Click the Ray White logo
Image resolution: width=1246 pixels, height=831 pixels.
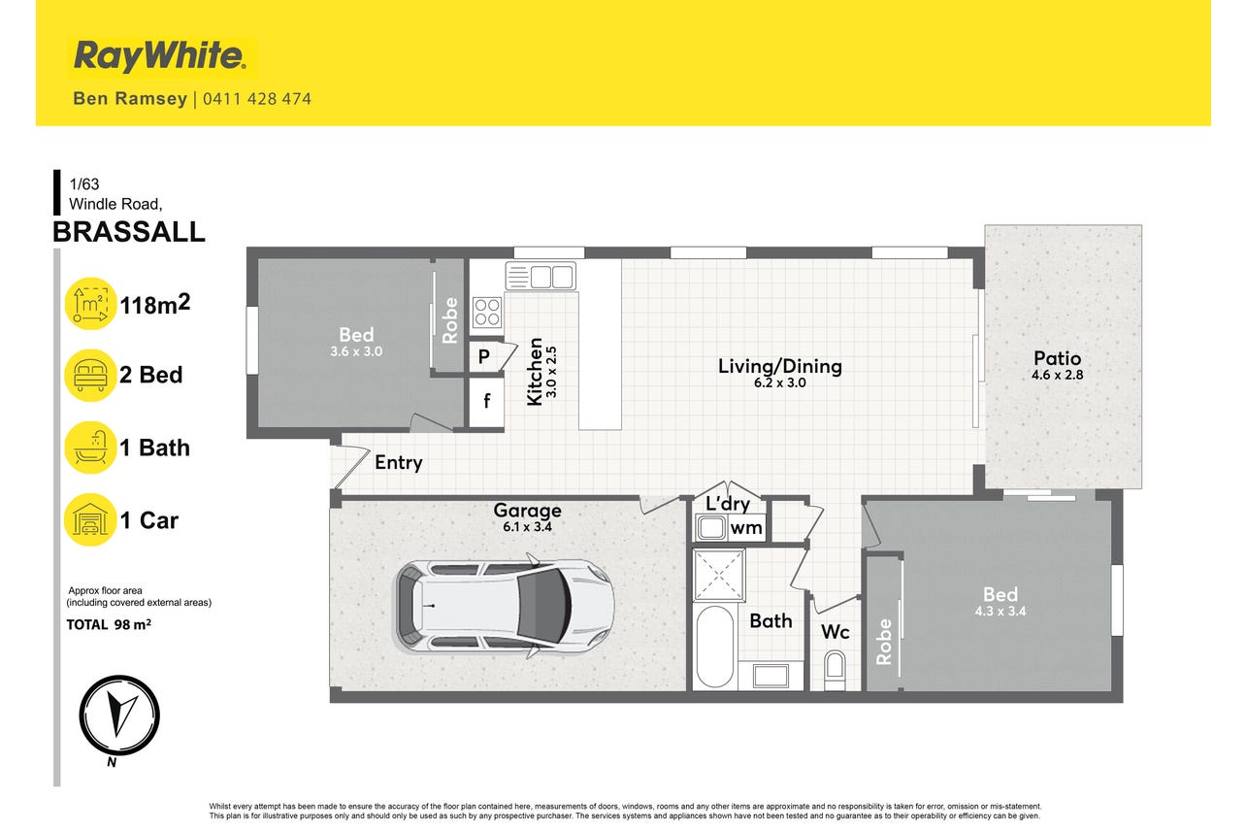tap(160, 56)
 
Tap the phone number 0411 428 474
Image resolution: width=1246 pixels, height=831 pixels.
tap(257, 99)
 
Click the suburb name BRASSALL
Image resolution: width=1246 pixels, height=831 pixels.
tap(129, 232)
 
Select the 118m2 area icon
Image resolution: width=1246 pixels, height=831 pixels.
tap(90, 304)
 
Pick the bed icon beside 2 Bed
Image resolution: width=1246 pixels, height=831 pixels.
tap(90, 375)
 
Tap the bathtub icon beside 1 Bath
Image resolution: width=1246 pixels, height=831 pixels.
tap(90, 448)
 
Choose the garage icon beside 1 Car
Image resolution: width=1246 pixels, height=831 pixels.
tap(90, 520)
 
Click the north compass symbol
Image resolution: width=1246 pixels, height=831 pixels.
tap(119, 715)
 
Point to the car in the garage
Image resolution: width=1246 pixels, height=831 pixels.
tap(505, 606)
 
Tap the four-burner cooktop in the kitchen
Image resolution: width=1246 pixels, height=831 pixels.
tap(487, 313)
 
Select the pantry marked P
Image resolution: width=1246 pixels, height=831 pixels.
tap(485, 356)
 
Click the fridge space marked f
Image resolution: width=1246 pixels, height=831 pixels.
tap(487, 401)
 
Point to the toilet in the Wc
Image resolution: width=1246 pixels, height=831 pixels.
tap(836, 670)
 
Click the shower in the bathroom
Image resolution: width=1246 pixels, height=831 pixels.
tap(719, 576)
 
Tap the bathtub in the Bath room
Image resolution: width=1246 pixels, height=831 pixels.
tap(715, 648)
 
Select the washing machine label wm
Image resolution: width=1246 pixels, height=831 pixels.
tap(746, 528)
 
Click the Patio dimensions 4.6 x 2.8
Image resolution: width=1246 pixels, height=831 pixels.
tap(1057, 375)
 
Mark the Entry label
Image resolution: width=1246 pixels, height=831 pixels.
tap(398, 462)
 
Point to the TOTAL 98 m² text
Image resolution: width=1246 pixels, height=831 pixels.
tap(109, 624)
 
